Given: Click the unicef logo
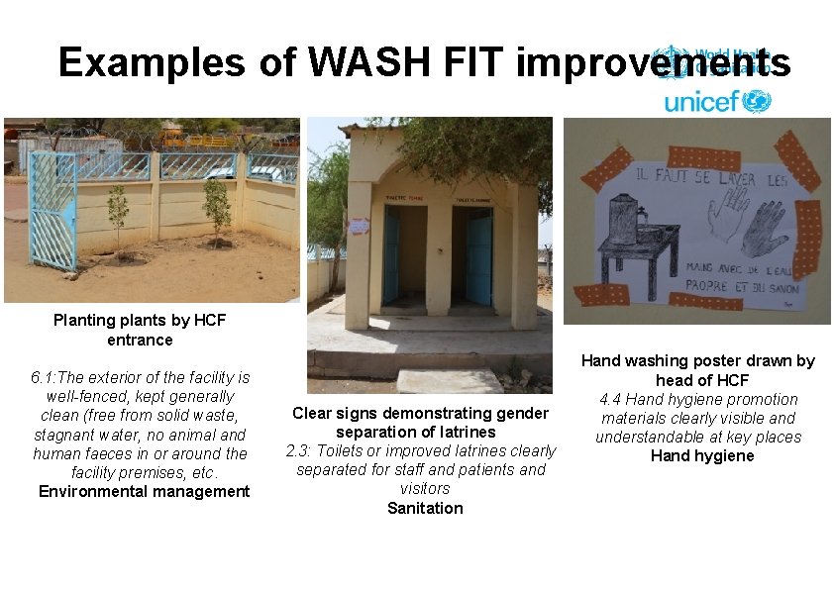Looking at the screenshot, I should pos(717,101).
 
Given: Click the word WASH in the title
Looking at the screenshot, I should pos(361,62).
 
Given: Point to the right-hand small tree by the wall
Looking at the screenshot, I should pos(217,208).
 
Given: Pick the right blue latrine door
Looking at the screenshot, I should pos(479,255).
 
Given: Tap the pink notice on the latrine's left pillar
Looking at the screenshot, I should pos(358,226).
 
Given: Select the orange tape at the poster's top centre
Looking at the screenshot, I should pos(703,156).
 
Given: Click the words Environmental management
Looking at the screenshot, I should pos(144,492).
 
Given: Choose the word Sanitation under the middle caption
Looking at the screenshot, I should pos(425,508).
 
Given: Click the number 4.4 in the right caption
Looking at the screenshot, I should pos(611,399).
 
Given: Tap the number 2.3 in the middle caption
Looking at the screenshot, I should pos(298,450).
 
